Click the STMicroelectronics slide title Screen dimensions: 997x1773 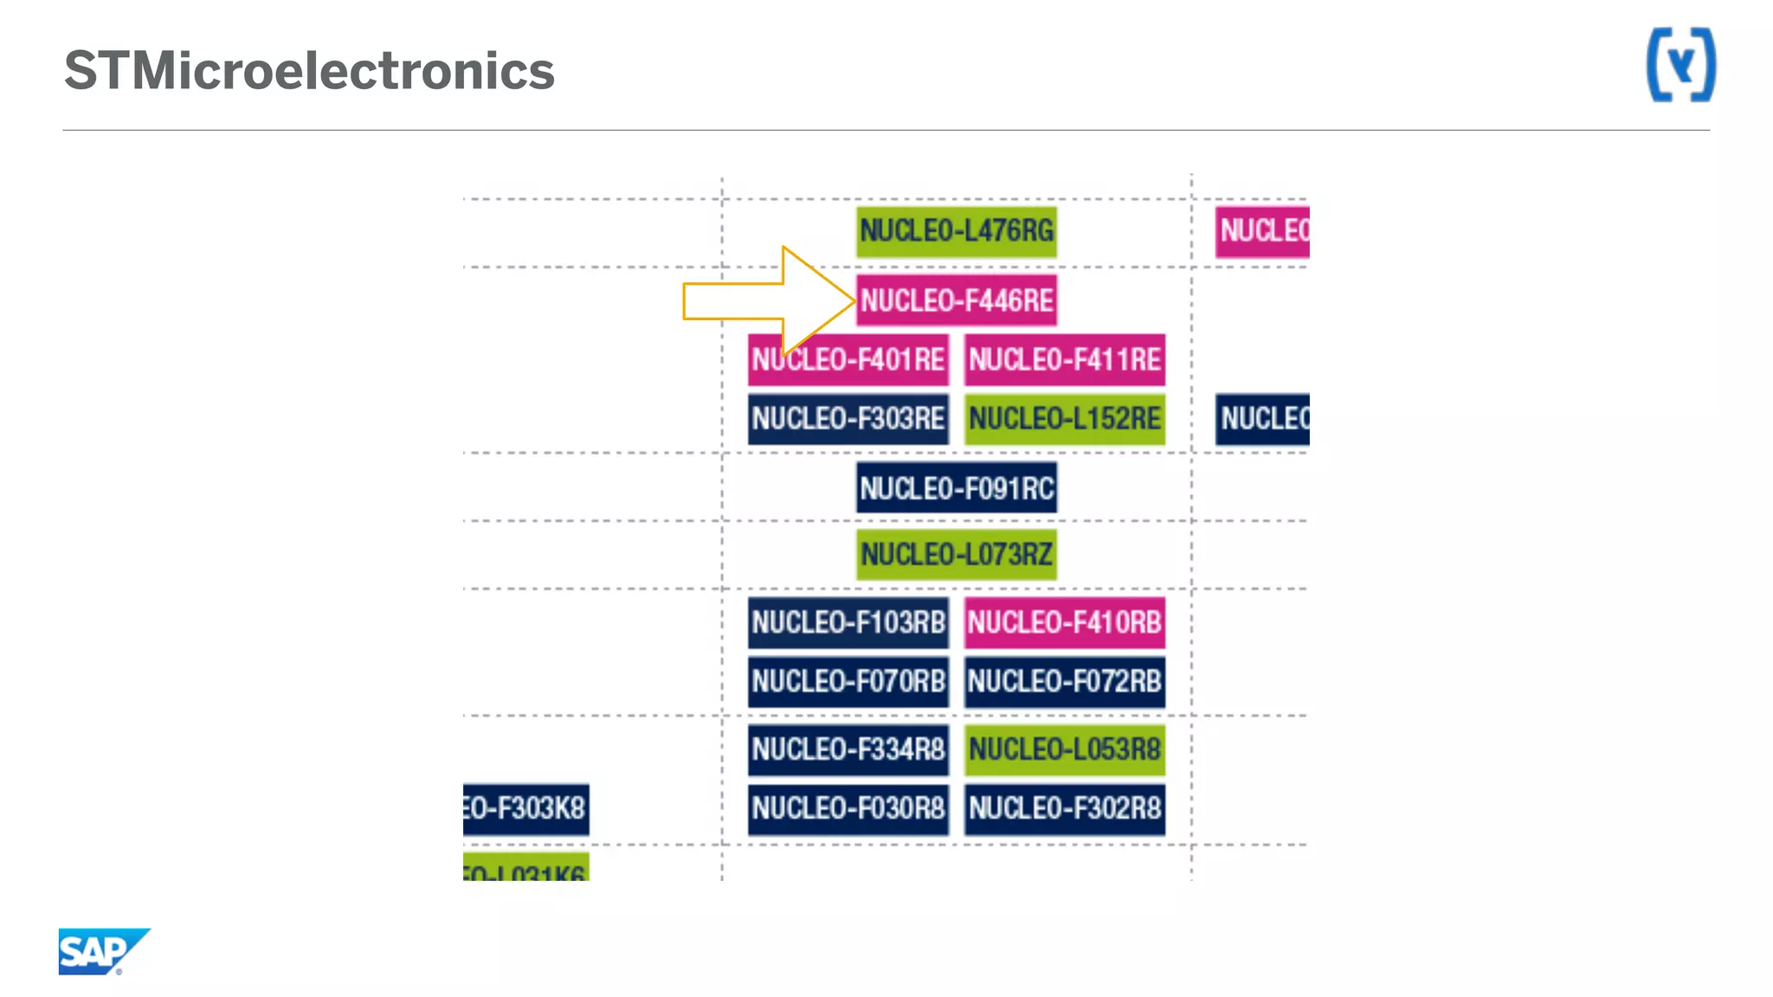pyautogui.click(x=309, y=71)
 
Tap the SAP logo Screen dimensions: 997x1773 pyautogui.click(x=103, y=951)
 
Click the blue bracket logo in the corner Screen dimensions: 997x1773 pyautogui.click(x=1680, y=65)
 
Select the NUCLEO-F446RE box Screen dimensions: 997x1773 pyautogui.click(x=957, y=300)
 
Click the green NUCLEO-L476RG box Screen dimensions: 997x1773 pyautogui.click(x=957, y=231)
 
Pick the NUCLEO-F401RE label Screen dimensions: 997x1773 pyautogui.click(x=848, y=359)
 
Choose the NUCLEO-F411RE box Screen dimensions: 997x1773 pyautogui.click(x=1065, y=359)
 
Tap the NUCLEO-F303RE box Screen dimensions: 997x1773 pyautogui.click(x=848, y=419)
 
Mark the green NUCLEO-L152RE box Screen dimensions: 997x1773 pyautogui.click(x=1065, y=419)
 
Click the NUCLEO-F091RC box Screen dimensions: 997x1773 pyautogui.click(x=957, y=488)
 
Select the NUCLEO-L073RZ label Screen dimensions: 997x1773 pyautogui.click(x=957, y=554)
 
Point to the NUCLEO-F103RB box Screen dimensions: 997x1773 pyautogui.click(x=848, y=622)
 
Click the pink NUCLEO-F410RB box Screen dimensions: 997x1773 pyautogui.click(x=1065, y=622)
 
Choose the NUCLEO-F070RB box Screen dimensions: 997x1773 pyautogui.click(x=848, y=681)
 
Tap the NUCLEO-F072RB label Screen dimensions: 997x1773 pyautogui.click(x=1065, y=681)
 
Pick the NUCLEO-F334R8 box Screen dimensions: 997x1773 pyautogui.click(x=848, y=749)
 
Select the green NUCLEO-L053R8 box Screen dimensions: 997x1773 pyautogui.click(x=1065, y=749)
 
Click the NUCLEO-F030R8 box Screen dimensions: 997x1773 pyautogui.click(x=848, y=808)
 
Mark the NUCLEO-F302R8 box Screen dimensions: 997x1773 pyautogui.click(x=1065, y=808)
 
